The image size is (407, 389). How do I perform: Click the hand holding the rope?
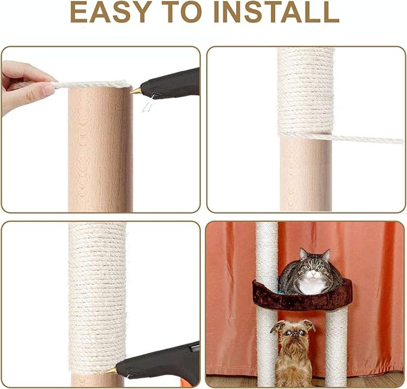tap(24, 87)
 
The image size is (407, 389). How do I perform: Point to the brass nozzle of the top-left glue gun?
tap(136, 91)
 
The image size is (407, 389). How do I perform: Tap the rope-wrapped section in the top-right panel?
tap(305, 90)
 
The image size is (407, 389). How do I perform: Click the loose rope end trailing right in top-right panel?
tap(372, 138)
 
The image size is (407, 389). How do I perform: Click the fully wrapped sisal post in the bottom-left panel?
tap(97, 287)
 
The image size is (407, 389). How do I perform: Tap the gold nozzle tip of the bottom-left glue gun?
tap(111, 370)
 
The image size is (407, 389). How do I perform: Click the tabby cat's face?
tap(312, 269)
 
